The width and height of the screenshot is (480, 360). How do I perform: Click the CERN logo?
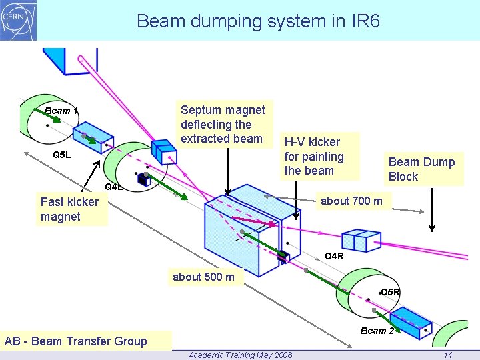pyautogui.click(x=19, y=20)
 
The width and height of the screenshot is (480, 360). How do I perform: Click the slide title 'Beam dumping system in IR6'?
pyautogui.click(x=258, y=21)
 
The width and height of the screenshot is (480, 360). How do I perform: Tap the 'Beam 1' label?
pyautogui.click(x=61, y=111)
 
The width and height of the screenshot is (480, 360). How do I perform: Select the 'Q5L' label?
pyautogui.click(x=61, y=155)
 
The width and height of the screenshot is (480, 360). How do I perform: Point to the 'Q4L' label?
pyautogui.click(x=114, y=187)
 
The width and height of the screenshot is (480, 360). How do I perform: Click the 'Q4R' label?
pyautogui.click(x=334, y=256)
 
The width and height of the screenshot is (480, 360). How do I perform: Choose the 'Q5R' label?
pyautogui.click(x=390, y=292)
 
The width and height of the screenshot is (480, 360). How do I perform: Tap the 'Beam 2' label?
pyautogui.click(x=377, y=331)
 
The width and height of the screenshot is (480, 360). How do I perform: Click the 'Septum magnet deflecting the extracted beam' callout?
pyautogui.click(x=223, y=124)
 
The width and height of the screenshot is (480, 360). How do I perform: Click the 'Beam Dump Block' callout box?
pyautogui.click(x=421, y=169)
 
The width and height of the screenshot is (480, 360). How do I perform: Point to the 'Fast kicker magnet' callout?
pyautogui.click(x=69, y=209)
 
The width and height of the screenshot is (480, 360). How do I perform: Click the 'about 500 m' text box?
pyautogui.click(x=203, y=277)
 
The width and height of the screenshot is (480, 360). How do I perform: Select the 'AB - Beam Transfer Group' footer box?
pyautogui.click(x=76, y=341)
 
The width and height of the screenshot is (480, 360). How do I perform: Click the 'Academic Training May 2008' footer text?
pyautogui.click(x=240, y=355)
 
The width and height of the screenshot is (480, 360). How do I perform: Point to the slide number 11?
pyautogui.click(x=448, y=355)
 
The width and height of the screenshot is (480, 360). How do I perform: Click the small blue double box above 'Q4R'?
pyautogui.click(x=360, y=240)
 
